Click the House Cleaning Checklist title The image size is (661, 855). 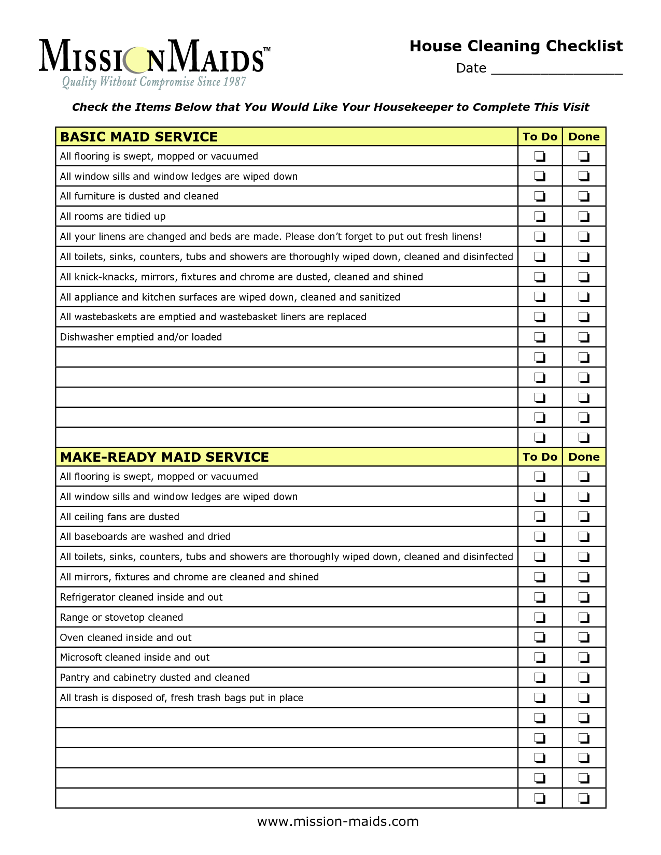(x=516, y=46)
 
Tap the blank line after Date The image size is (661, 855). (x=556, y=69)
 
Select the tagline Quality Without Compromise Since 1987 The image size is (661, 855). (x=154, y=82)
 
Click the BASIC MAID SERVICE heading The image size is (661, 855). (x=139, y=137)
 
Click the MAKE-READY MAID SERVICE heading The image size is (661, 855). (x=164, y=457)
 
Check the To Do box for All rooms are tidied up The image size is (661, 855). (x=540, y=216)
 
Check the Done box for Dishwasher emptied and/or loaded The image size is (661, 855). (x=584, y=337)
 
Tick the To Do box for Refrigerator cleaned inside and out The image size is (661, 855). (x=540, y=597)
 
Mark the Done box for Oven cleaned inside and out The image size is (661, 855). (x=584, y=637)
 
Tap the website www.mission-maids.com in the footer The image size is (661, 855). (x=337, y=822)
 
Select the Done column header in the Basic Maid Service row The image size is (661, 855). (x=584, y=137)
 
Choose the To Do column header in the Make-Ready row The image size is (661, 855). (x=540, y=457)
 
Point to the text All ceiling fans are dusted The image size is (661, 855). (x=120, y=517)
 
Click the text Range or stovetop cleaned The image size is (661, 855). (x=121, y=617)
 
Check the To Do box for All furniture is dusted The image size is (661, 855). (x=540, y=196)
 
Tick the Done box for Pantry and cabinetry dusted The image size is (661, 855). (x=584, y=677)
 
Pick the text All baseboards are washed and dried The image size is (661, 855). (x=145, y=537)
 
